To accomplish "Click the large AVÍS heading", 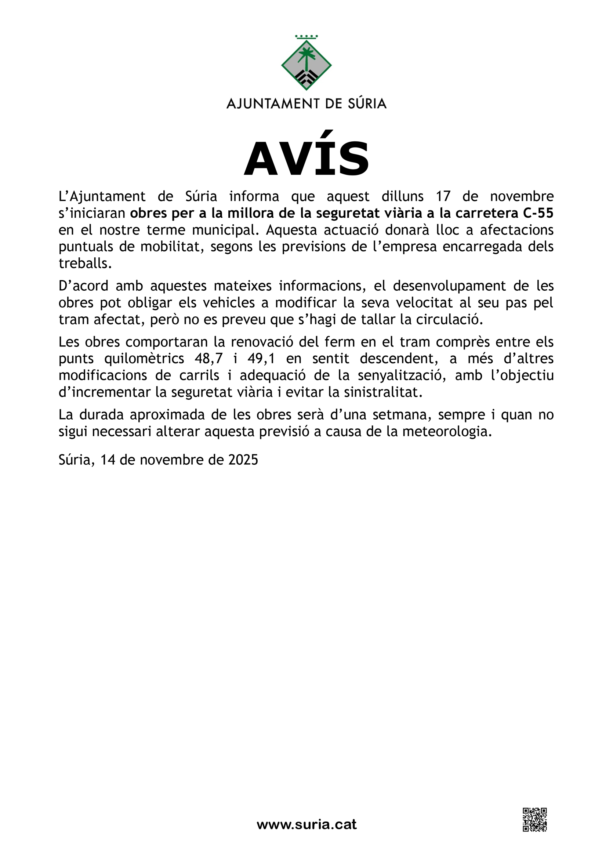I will (x=306, y=159).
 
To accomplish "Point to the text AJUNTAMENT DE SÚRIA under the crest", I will (x=306, y=104).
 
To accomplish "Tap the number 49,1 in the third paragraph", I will (x=261, y=358).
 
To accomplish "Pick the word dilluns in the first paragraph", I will (x=403, y=197).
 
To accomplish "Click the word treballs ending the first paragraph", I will (x=85, y=264).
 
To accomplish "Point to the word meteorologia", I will (x=447, y=432).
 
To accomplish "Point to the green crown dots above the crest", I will (x=306, y=37).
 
